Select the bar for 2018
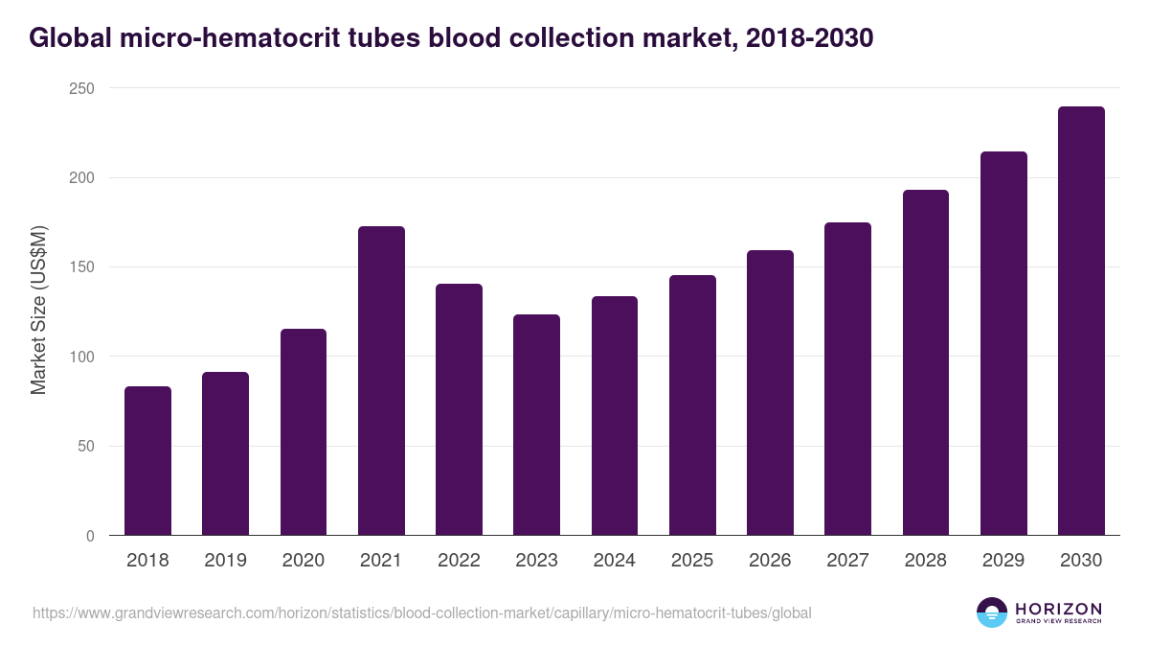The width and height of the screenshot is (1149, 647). pos(147,461)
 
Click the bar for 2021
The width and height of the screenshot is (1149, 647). pos(381,381)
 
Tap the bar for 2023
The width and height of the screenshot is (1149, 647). pos(536,425)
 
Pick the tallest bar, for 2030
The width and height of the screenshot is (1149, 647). pos(1081,321)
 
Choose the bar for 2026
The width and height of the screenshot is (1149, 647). pos(770,393)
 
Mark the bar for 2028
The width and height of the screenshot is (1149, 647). pos(925,362)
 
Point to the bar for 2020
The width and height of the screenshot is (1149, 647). pos(304,432)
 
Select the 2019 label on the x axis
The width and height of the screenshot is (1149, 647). pos(225,561)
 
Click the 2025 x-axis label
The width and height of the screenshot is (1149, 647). pos(692,561)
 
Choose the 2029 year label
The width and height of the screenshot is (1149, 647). pos(1003,561)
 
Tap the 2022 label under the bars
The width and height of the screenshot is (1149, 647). pos(459,561)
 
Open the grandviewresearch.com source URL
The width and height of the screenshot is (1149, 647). pos(422,612)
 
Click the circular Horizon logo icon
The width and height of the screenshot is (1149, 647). pos(992,612)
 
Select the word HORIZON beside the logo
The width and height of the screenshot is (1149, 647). pos(1058,609)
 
